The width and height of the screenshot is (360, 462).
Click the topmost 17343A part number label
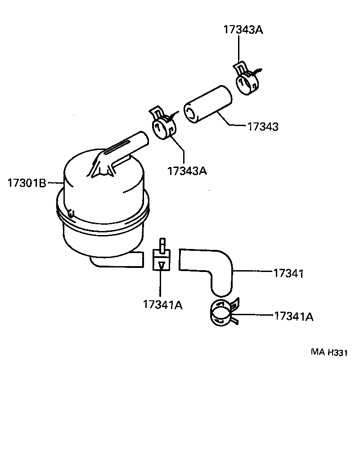pyautogui.click(x=243, y=30)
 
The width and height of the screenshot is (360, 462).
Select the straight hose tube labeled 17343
pyautogui.click(x=208, y=105)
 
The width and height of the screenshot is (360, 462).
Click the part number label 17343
pyautogui.click(x=262, y=127)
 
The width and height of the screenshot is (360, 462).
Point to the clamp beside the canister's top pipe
pyautogui.click(x=163, y=124)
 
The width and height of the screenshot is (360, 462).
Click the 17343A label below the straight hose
pyautogui.click(x=187, y=171)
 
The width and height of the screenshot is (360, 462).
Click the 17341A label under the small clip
pyautogui.click(x=162, y=305)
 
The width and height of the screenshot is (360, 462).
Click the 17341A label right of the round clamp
pyautogui.click(x=293, y=316)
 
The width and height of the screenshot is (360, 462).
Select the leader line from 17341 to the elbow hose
pyautogui.click(x=254, y=271)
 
